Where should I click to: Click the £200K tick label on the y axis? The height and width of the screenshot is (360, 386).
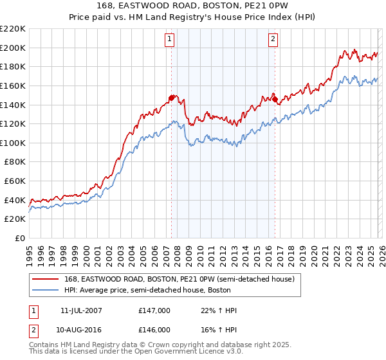(x=13, y=48)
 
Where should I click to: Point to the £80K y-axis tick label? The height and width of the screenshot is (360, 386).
(x=15, y=162)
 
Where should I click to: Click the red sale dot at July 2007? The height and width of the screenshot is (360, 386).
(x=171, y=98)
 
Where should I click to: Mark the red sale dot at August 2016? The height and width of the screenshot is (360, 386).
(x=275, y=99)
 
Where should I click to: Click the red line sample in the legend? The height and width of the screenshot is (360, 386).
(x=44, y=279)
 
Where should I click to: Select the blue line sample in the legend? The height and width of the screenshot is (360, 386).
(x=44, y=290)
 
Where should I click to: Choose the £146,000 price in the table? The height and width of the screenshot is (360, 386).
(x=154, y=329)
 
